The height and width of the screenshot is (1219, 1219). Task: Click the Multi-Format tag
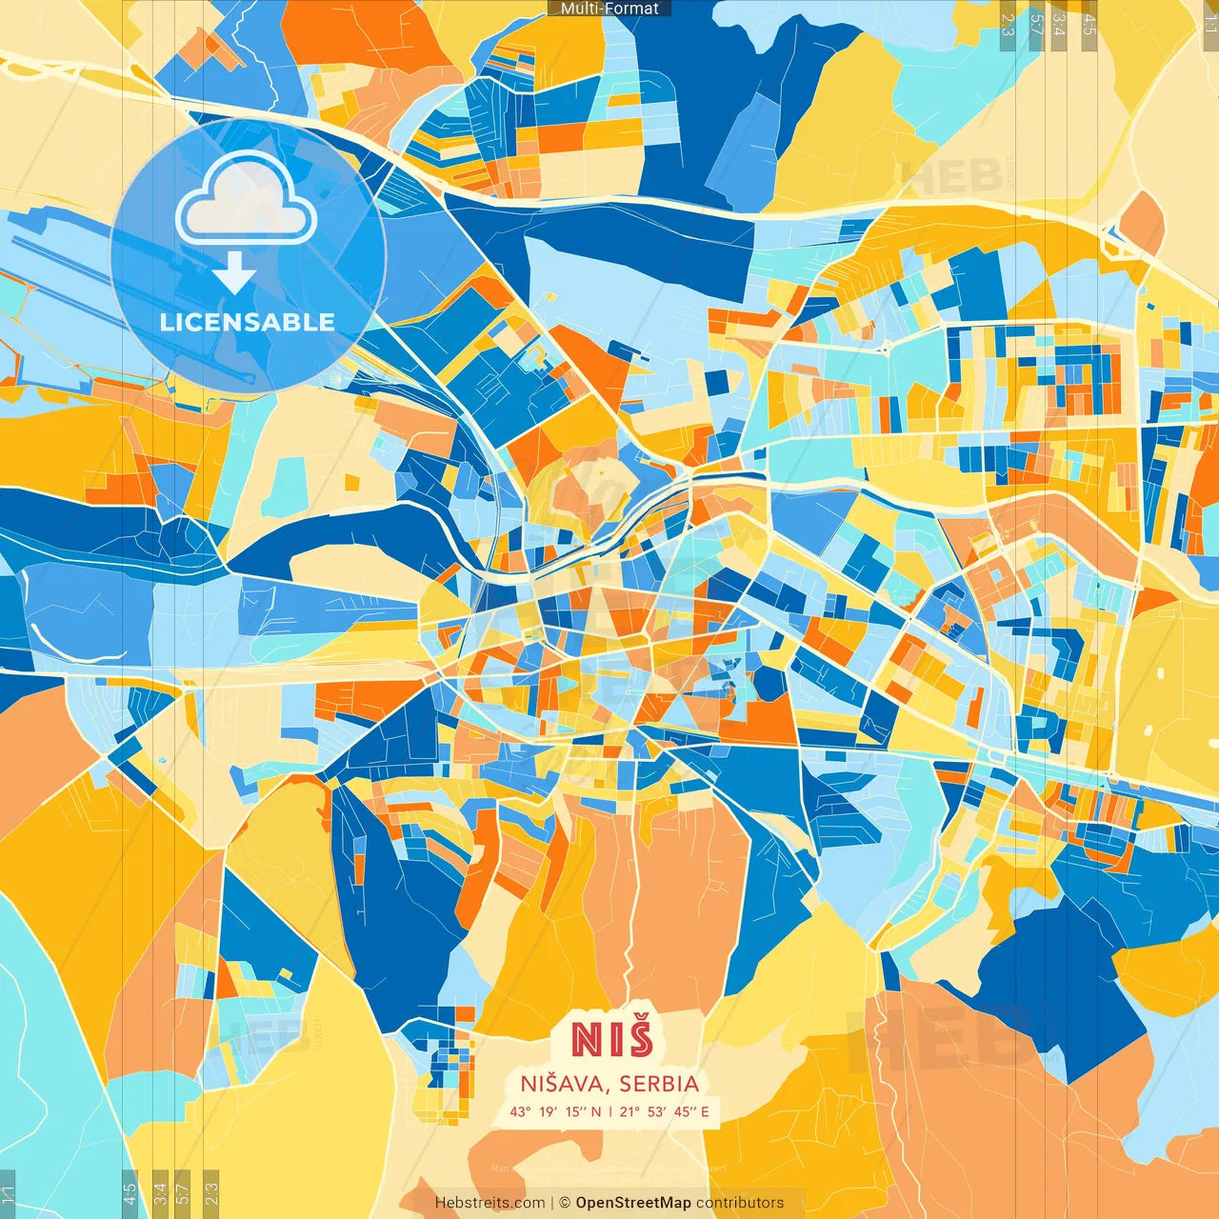coord(609,9)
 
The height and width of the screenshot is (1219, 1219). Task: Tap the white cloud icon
coord(247,200)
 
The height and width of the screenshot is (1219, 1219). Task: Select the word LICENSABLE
coord(248,322)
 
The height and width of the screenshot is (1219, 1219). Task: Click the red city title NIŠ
coord(612,1038)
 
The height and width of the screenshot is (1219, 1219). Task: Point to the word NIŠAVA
coord(566,1084)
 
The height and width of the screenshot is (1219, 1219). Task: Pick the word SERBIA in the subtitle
coord(659,1084)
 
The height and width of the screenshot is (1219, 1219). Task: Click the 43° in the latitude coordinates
coord(520,1111)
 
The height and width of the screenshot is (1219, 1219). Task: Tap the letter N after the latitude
coord(595,1111)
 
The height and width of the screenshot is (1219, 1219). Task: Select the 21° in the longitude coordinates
coord(629,1111)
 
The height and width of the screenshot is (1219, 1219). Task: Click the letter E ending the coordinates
coord(705,1111)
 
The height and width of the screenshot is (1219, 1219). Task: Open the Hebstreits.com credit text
coord(490,1203)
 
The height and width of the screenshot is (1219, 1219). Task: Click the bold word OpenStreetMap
coord(633,1203)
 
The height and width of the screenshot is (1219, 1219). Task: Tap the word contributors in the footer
coord(740,1203)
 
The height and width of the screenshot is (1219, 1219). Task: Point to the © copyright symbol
coord(565,1203)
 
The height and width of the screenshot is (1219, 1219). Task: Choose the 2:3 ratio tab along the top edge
coord(1008,24)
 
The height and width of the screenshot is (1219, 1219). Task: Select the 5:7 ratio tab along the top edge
coord(1036,24)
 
